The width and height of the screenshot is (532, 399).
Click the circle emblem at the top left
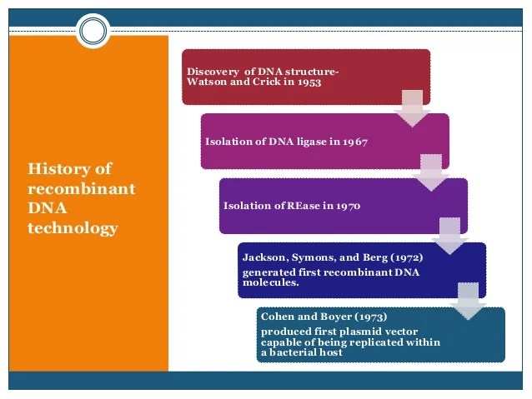point(93,31)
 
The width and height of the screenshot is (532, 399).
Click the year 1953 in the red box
point(306,82)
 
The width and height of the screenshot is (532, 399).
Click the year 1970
point(346,205)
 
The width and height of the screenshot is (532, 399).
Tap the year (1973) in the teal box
point(369,317)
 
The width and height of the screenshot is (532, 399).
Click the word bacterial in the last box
point(294,352)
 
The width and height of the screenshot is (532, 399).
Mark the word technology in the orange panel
point(73,228)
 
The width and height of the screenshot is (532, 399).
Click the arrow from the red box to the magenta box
point(412,109)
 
